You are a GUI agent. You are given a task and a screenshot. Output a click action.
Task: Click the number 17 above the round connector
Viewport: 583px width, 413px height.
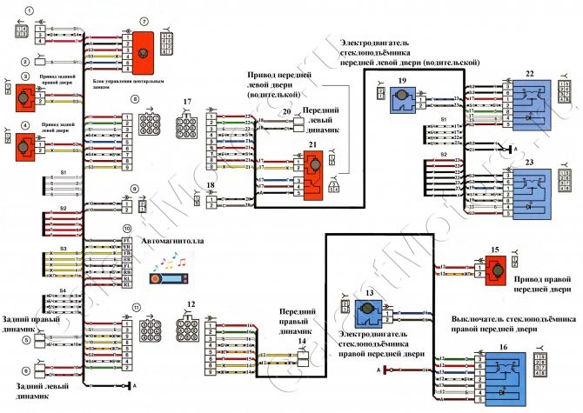186,103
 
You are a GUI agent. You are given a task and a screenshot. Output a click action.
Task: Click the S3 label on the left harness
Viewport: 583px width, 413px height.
64,249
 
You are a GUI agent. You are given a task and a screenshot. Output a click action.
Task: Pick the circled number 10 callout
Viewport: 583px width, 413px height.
127,229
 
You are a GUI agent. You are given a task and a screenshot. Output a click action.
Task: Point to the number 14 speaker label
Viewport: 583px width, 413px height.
301,342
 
